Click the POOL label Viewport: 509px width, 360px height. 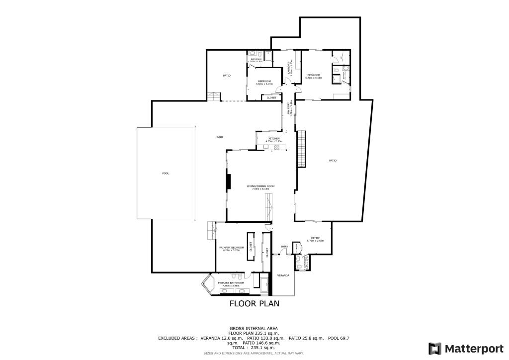pyautogui.click(x=166, y=173)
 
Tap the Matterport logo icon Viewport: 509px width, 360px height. pyautogui.click(x=435, y=348)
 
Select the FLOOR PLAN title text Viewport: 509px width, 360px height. pyautogui.click(x=254, y=303)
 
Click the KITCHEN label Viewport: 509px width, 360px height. pyautogui.click(x=274, y=138)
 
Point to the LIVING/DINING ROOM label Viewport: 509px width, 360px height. pyautogui.click(x=260, y=186)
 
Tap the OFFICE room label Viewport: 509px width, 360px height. pyautogui.click(x=315, y=238)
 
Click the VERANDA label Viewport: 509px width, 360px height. pyautogui.click(x=283, y=275)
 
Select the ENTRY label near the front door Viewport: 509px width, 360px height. pyautogui.click(x=284, y=246)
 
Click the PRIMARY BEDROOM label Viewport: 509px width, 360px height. pyautogui.click(x=232, y=247)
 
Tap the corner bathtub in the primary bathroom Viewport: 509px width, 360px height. pyautogui.click(x=208, y=286)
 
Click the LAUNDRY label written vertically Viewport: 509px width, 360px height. pyautogui.click(x=289, y=67)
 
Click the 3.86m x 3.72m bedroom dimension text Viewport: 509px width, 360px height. pyautogui.click(x=264, y=84)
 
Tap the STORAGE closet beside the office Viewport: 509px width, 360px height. pyautogui.click(x=296, y=247)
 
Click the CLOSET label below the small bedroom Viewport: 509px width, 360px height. pyautogui.click(x=271, y=97)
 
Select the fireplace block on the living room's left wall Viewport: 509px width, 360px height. pyautogui.click(x=229, y=181)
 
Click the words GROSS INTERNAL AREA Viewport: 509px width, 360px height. pyautogui.click(x=254, y=328)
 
